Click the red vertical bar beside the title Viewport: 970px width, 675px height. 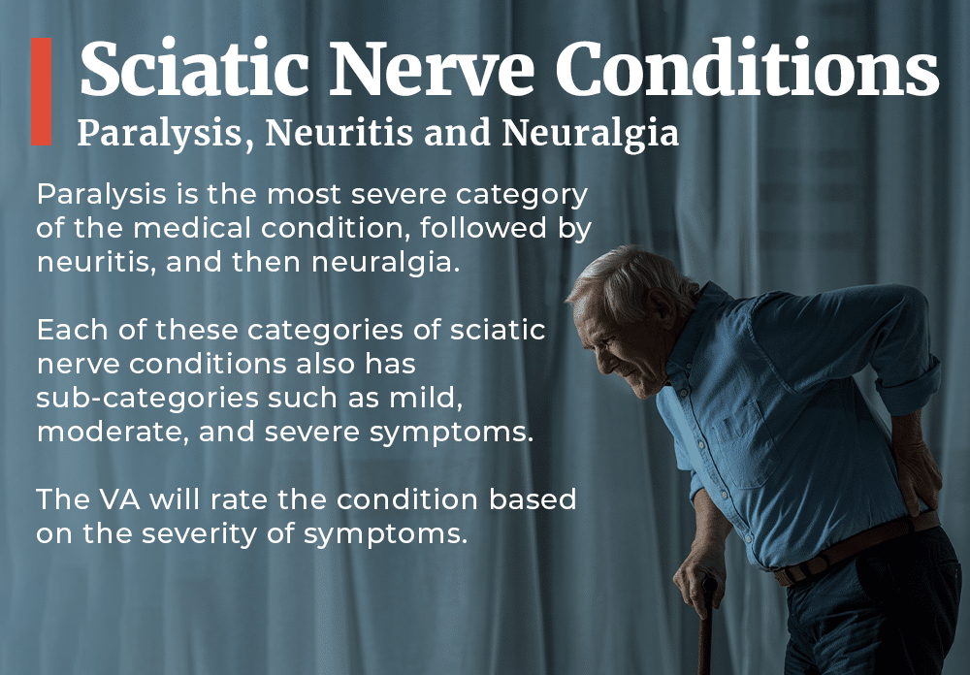pyautogui.click(x=41, y=92)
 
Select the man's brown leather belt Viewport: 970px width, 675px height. pyautogui.click(x=854, y=549)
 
